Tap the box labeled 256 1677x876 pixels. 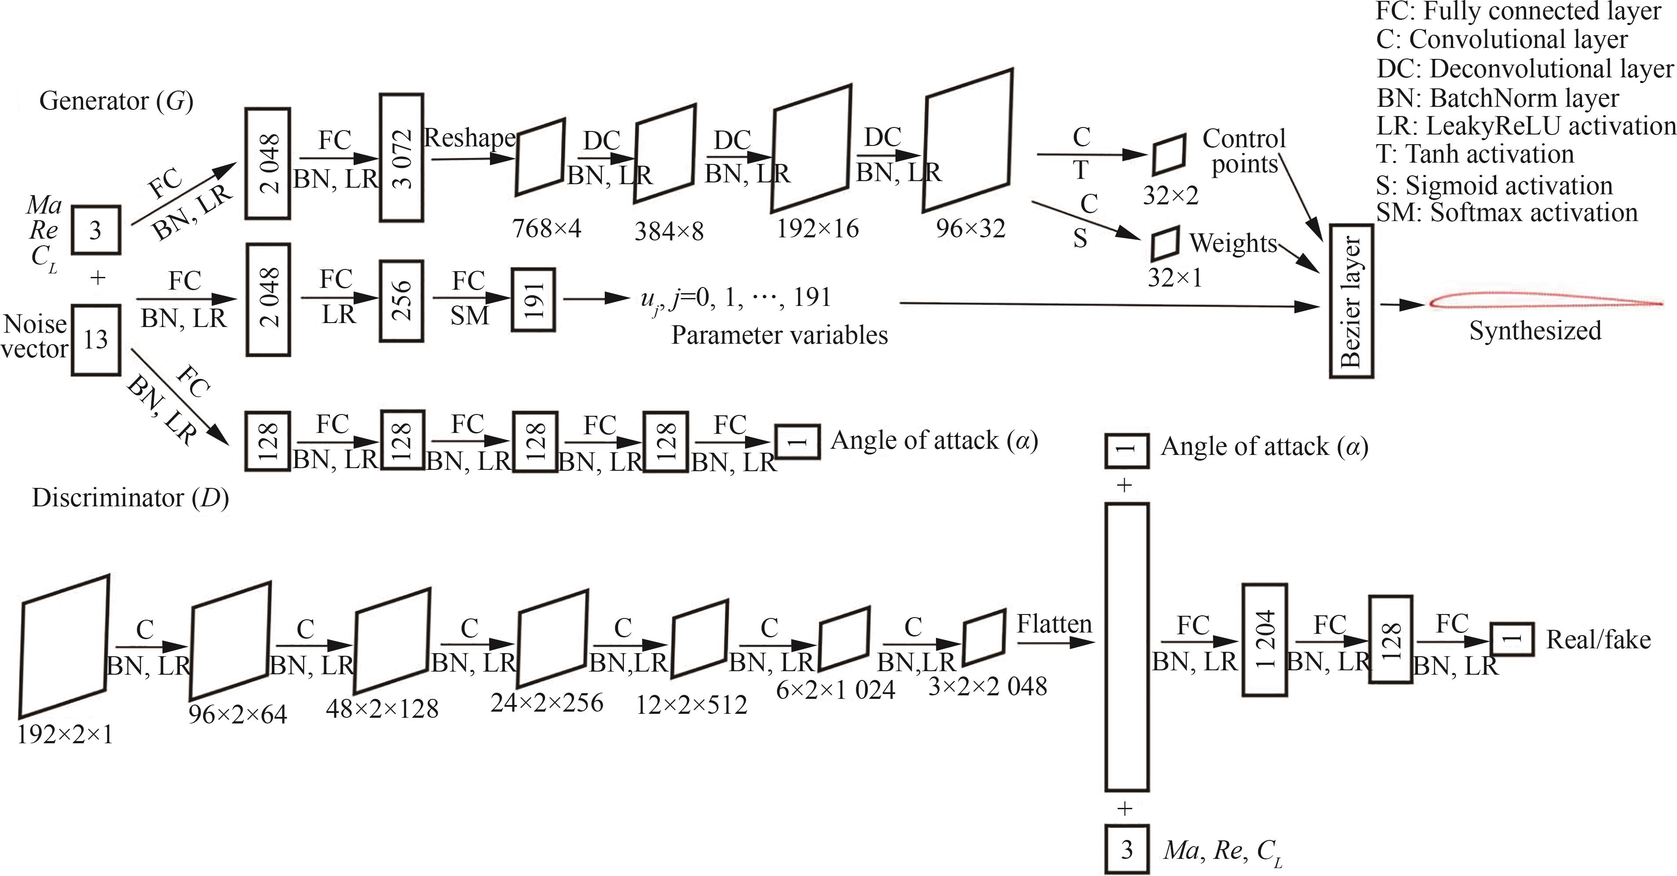[402, 301]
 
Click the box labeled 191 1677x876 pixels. [533, 301]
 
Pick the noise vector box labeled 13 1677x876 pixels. [96, 340]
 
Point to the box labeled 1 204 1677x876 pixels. [1264, 640]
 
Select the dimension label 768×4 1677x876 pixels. [546, 229]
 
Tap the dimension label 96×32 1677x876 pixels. [970, 229]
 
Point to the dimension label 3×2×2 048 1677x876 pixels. [987, 687]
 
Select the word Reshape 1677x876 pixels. [469, 138]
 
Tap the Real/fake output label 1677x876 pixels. [1598, 640]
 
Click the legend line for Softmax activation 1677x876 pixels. [1506, 213]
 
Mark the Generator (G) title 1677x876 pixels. [116, 101]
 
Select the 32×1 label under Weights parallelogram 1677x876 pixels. [1174, 278]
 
